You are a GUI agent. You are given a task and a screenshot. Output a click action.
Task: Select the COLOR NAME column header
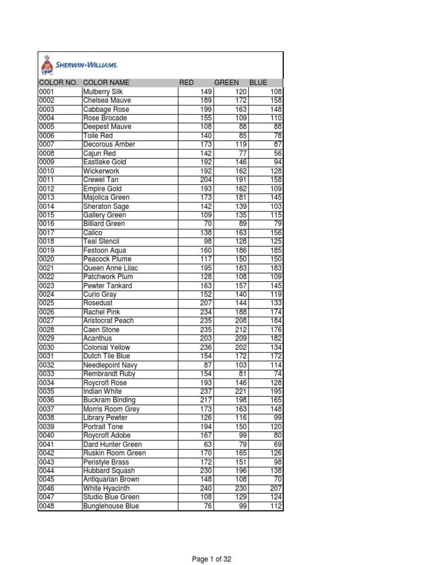tap(106, 83)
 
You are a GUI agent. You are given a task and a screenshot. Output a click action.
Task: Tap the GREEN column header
tap(226, 83)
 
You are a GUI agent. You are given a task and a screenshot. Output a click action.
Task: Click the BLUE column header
tap(258, 83)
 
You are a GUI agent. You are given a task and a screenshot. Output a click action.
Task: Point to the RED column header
tap(187, 83)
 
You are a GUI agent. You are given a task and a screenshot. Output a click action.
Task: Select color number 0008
tap(47, 153)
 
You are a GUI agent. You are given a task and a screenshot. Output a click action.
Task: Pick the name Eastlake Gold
tap(105, 162)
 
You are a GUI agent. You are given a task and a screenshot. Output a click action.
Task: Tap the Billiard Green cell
tap(104, 224)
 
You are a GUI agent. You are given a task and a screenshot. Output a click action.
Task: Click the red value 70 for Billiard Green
tap(208, 224)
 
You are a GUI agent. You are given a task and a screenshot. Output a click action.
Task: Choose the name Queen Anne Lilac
tap(110, 268)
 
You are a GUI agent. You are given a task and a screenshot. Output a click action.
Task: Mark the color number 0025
tap(47, 303)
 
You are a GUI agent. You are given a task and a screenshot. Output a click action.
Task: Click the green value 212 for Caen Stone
tap(241, 330)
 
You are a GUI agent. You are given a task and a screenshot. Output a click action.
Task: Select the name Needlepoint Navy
tap(110, 365)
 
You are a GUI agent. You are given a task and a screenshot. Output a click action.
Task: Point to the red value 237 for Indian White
tap(205, 392)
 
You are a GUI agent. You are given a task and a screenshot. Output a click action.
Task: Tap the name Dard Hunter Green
tap(112, 445)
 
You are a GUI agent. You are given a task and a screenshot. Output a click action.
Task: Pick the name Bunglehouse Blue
tap(111, 506)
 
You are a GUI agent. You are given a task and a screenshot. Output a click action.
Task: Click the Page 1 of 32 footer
tap(211, 559)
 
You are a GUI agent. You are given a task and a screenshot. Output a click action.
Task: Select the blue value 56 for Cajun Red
tap(278, 153)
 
